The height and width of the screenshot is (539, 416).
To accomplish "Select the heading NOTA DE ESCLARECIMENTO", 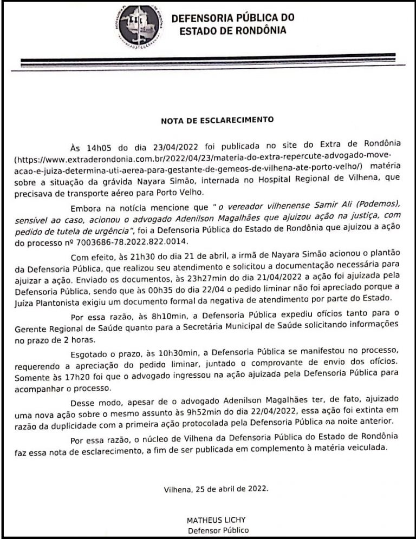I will [x=217, y=120].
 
